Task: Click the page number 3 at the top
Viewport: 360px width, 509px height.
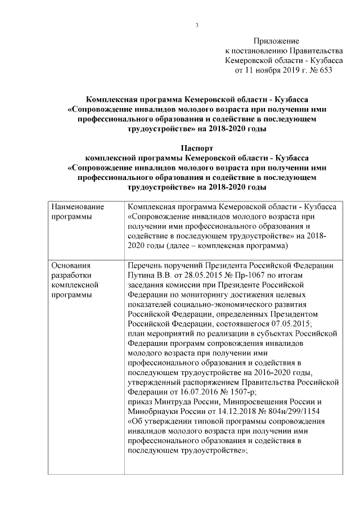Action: point(197,24)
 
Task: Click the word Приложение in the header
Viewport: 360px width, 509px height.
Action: point(276,41)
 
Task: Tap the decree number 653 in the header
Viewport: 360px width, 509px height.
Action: point(325,70)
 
